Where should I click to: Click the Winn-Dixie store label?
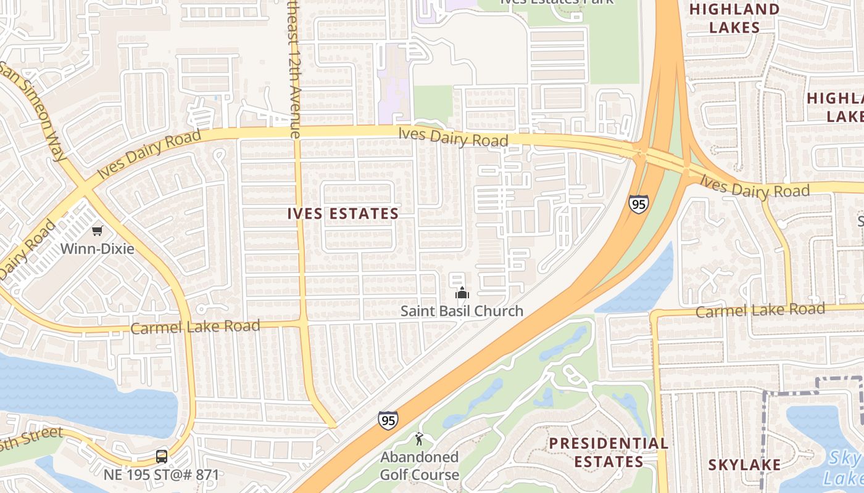click(x=97, y=249)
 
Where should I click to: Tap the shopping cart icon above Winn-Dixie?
click(x=97, y=231)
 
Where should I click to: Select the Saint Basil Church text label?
click(x=462, y=311)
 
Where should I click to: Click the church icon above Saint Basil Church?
click(x=462, y=292)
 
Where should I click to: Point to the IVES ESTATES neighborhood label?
click(x=343, y=214)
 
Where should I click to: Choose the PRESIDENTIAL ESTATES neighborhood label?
click(x=609, y=452)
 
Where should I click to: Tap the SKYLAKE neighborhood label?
click(x=744, y=465)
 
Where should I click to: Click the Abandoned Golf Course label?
click(x=419, y=466)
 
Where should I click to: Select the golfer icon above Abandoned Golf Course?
click(x=419, y=439)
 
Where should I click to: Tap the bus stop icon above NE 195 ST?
click(x=162, y=457)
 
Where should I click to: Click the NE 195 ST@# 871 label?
click(x=162, y=475)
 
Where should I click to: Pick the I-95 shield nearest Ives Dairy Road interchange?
click(x=639, y=204)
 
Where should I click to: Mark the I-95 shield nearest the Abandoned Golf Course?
click(x=388, y=420)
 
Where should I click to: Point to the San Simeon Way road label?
click(x=34, y=111)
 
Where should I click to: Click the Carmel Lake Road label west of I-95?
click(x=195, y=327)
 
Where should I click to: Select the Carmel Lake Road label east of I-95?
click(x=760, y=310)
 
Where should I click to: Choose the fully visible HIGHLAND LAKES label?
click(x=734, y=18)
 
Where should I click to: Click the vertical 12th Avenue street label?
click(x=293, y=68)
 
